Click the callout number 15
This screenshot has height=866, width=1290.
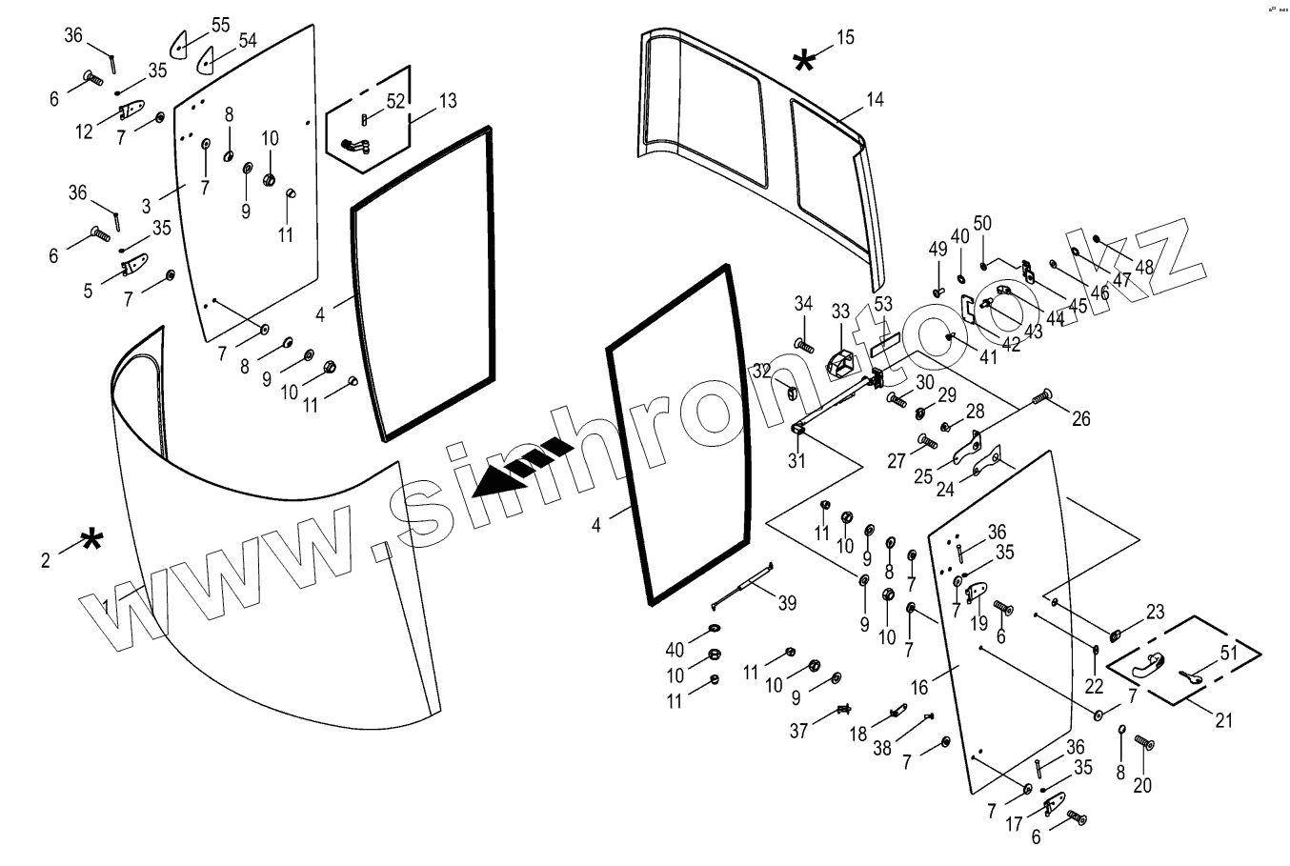pyautogui.click(x=845, y=38)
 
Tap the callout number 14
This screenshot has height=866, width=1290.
pyautogui.click(x=875, y=99)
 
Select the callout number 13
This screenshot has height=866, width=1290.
pyautogui.click(x=447, y=100)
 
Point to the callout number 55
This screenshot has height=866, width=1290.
pyautogui.click(x=220, y=25)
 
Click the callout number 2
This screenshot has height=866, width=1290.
pyautogui.click(x=45, y=560)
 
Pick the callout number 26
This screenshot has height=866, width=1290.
pyautogui.click(x=1081, y=418)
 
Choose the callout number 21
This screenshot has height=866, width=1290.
pyautogui.click(x=1222, y=721)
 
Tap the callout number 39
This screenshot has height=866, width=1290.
pyautogui.click(x=787, y=603)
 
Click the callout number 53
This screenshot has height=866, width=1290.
pyautogui.click(x=883, y=304)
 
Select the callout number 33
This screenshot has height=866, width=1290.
pyautogui.click(x=839, y=312)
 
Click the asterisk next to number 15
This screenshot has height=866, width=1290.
pyautogui.click(x=804, y=62)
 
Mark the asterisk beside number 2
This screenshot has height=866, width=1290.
pyautogui.click(x=91, y=540)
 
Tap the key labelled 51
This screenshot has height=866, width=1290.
pyautogui.click(x=1190, y=677)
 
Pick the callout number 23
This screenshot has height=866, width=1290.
pyautogui.click(x=1155, y=612)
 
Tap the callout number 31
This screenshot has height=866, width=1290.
pyautogui.click(x=796, y=460)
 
